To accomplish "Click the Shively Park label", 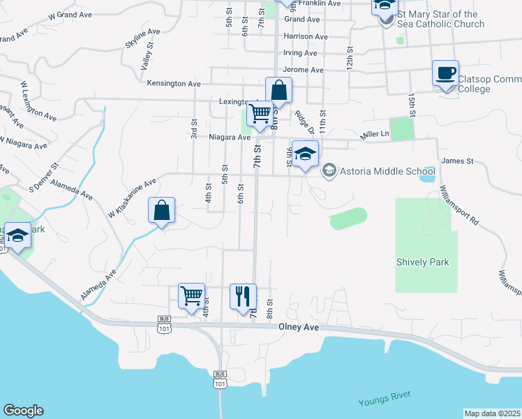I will (422, 263).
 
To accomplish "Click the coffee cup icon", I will (445, 73).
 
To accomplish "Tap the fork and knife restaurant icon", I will (243, 296).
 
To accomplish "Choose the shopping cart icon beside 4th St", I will (191, 295).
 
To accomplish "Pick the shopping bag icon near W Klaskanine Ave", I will (161, 209).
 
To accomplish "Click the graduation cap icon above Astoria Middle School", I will (305, 154).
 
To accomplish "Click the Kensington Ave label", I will (174, 84).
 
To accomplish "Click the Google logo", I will (23, 411).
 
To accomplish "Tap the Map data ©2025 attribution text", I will (492, 413).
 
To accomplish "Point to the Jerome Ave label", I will (304, 71).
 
